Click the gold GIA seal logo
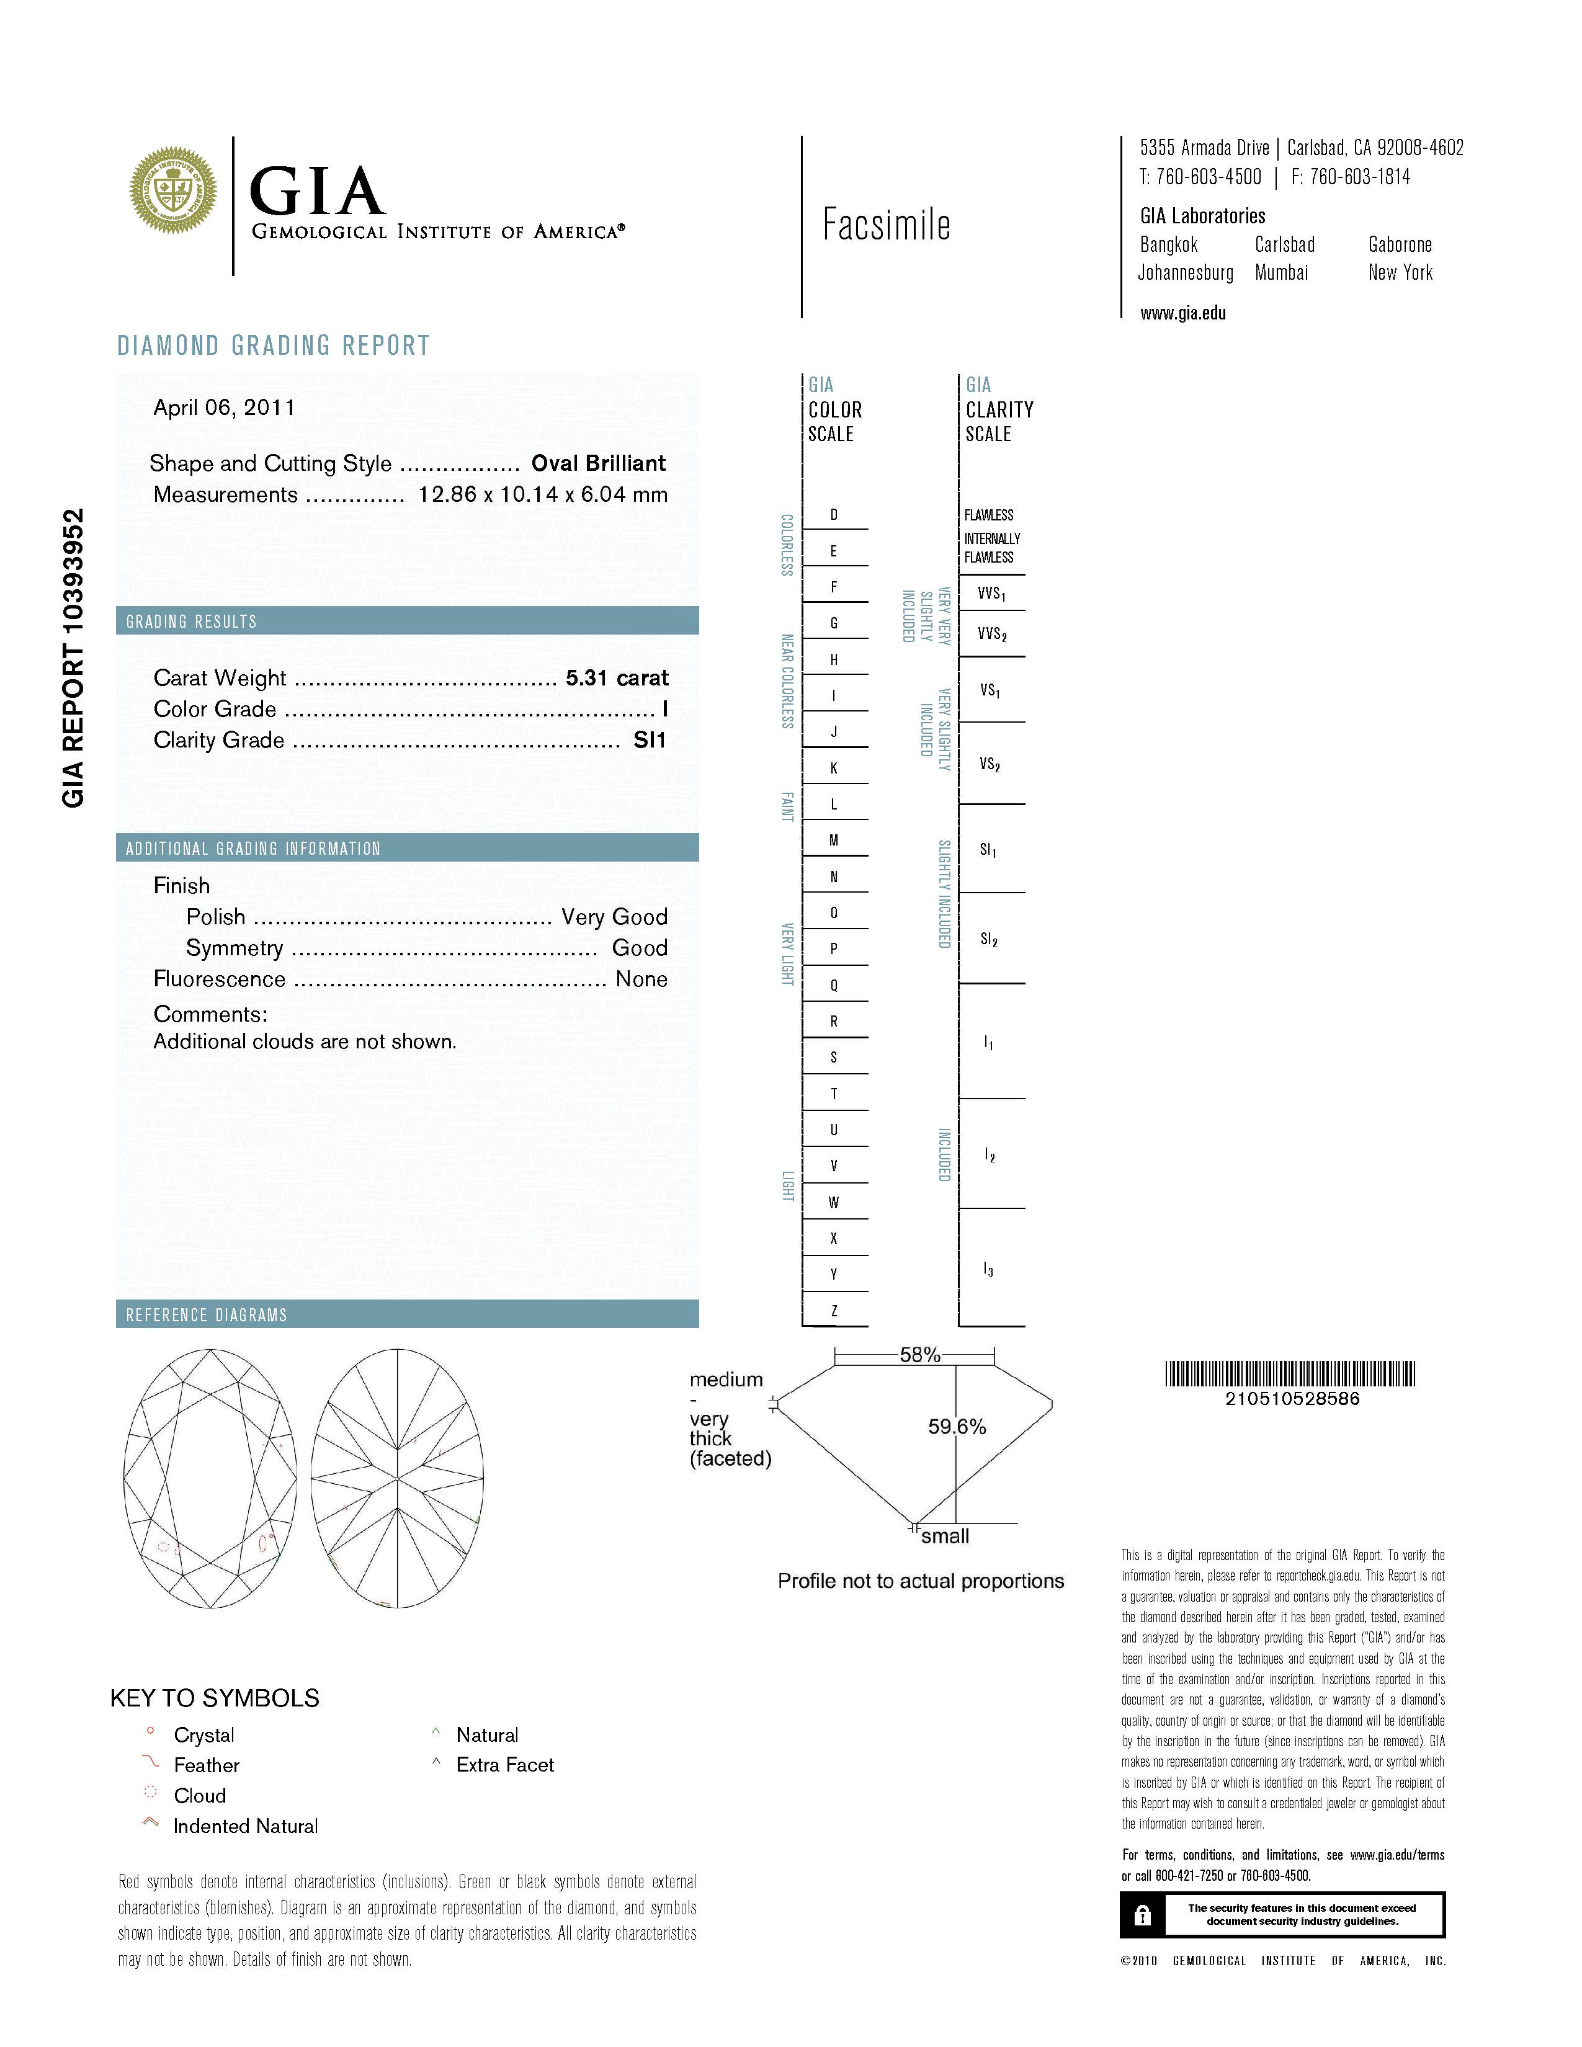pos(173,190)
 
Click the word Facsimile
pos(887,225)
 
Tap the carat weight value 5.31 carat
pos(617,677)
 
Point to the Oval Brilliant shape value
pos(598,463)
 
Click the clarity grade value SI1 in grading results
pos(650,741)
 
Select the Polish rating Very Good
pos(614,917)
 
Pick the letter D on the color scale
pos(833,515)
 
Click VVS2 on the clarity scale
pos(991,635)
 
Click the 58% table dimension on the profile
pos(919,1354)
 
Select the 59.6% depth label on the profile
pos(957,1427)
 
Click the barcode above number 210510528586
pos(1290,1374)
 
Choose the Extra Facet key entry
pos(504,1765)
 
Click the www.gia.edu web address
pos(1182,314)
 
